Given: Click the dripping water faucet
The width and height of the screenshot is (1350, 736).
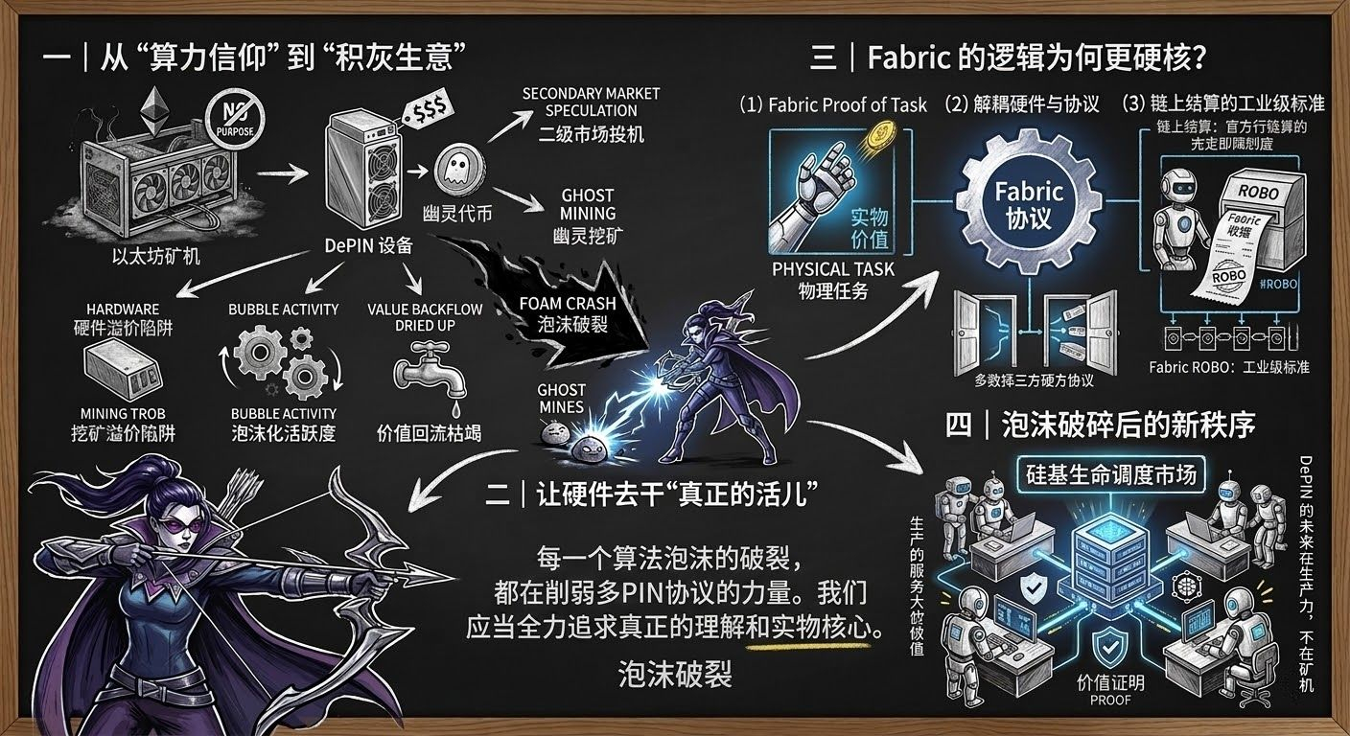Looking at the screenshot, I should pos(428,375).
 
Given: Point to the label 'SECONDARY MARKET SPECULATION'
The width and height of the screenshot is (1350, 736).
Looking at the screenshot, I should pos(591,102).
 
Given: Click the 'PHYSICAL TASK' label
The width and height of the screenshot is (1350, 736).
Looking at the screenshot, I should pos(832,269).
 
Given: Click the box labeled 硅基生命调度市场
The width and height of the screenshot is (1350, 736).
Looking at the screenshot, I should pos(1108,472).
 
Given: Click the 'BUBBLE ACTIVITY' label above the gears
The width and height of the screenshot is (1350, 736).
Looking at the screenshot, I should pos(283,309).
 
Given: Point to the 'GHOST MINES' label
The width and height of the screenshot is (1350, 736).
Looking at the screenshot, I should pos(561,399).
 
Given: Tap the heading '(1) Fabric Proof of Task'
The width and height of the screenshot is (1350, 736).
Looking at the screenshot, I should pos(833,104).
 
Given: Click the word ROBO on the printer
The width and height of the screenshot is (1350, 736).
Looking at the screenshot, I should pos(1258,191).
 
